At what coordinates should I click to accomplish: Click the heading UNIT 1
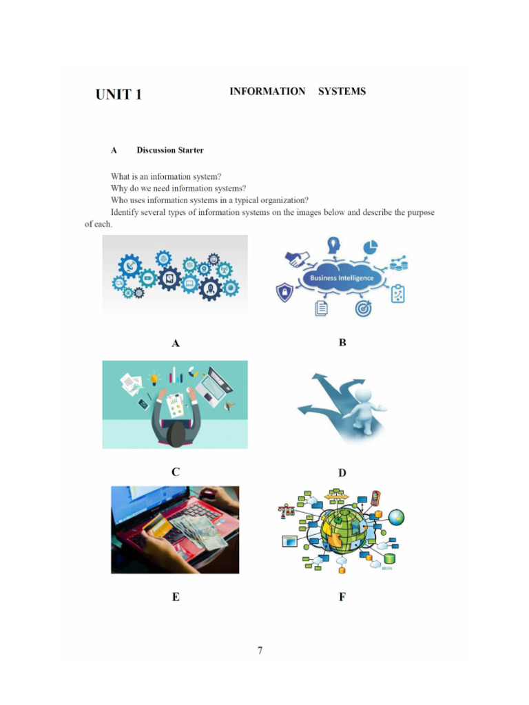tap(118, 95)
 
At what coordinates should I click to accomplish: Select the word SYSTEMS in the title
tap(342, 92)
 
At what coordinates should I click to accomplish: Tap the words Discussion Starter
tap(170, 150)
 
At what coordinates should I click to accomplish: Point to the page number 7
tap(260, 650)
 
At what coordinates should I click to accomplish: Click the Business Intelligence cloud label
tap(342, 278)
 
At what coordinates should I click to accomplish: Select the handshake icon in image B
tap(298, 258)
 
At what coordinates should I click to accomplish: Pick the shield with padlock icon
tap(283, 293)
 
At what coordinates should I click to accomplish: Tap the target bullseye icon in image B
tap(363, 308)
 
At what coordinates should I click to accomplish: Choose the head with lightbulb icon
tap(334, 244)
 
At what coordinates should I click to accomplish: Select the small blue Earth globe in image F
tap(397, 517)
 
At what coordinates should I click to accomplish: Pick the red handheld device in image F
tap(375, 497)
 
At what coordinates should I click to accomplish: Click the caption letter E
tap(176, 597)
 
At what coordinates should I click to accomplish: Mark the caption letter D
tap(342, 473)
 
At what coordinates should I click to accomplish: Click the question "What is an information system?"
tap(166, 176)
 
